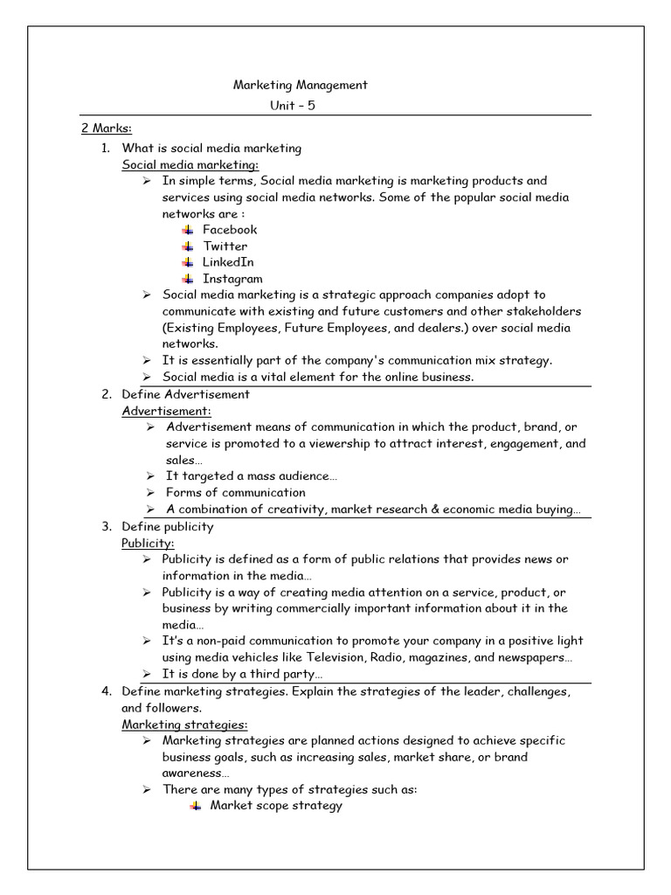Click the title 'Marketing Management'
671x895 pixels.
[x=300, y=85]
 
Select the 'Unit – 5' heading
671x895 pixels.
[x=300, y=106]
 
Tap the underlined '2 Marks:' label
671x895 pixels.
[x=106, y=128]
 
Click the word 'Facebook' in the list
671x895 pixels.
[x=230, y=229]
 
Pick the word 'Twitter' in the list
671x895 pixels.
[x=225, y=246]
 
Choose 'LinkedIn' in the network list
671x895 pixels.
[x=228, y=262]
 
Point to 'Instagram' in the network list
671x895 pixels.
[x=232, y=279]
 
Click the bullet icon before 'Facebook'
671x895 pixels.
[x=188, y=229]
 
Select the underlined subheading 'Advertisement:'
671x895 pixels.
[x=166, y=411]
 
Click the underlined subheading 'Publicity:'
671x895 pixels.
[x=148, y=543]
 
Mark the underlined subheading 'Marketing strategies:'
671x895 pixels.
[x=184, y=725]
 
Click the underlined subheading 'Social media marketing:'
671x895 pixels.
[x=190, y=164]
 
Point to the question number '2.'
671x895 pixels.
[x=106, y=394]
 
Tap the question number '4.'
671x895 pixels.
[x=106, y=691]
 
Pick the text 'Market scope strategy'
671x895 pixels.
[x=276, y=806]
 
